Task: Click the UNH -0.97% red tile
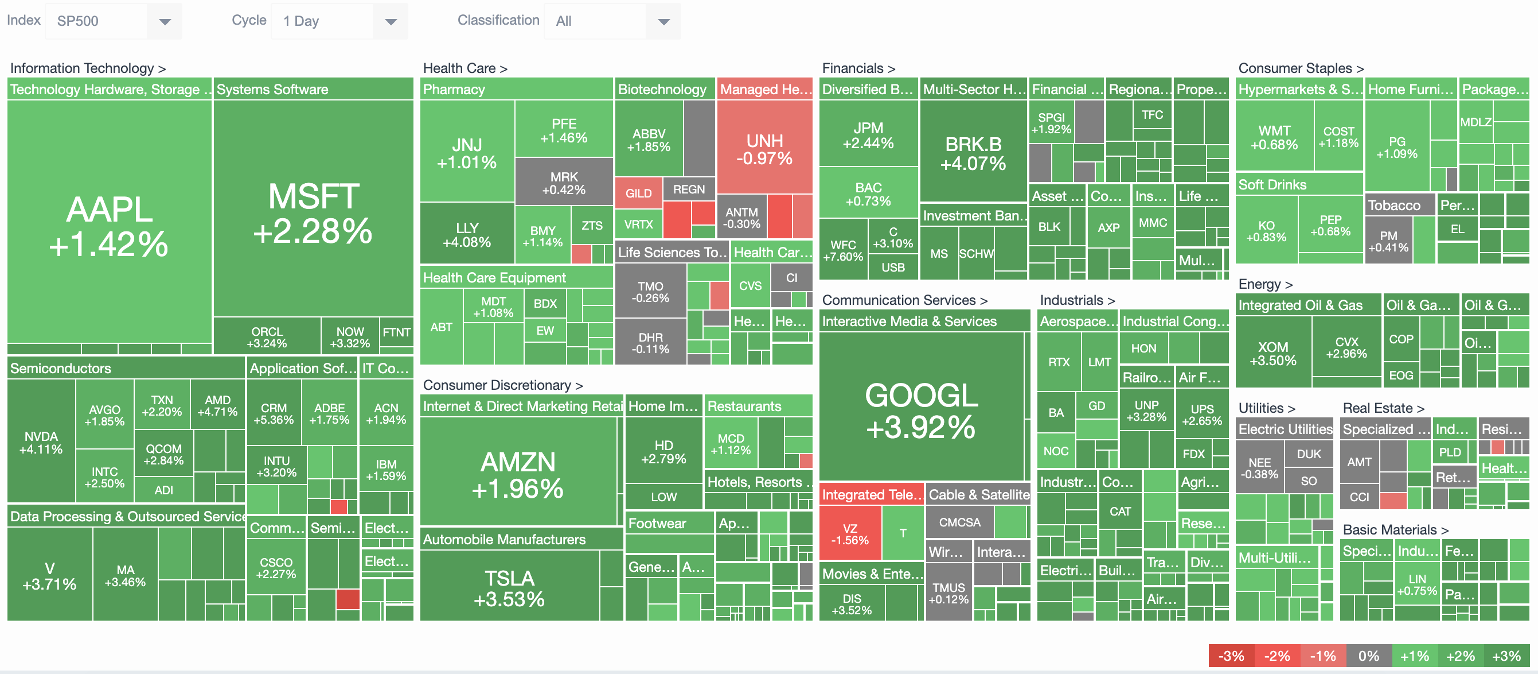pos(764,149)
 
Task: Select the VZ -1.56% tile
pos(850,533)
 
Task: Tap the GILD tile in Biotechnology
pos(638,193)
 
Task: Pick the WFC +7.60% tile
pos(842,250)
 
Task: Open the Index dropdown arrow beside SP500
pos(165,21)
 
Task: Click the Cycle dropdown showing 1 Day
pos(338,21)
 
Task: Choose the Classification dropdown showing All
pos(611,21)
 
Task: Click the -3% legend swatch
pos(1231,656)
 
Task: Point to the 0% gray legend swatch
pos(1368,656)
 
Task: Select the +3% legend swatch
pos(1506,656)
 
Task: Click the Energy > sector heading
pos(1264,284)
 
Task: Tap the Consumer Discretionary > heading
pos(502,385)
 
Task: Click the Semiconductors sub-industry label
pos(60,368)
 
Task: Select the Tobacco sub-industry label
pos(1393,206)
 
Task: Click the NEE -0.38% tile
pos(1259,468)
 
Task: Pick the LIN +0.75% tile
pos(1416,584)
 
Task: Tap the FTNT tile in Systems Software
pos(396,332)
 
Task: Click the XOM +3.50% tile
pos(1272,354)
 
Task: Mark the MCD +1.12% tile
pos(730,443)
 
